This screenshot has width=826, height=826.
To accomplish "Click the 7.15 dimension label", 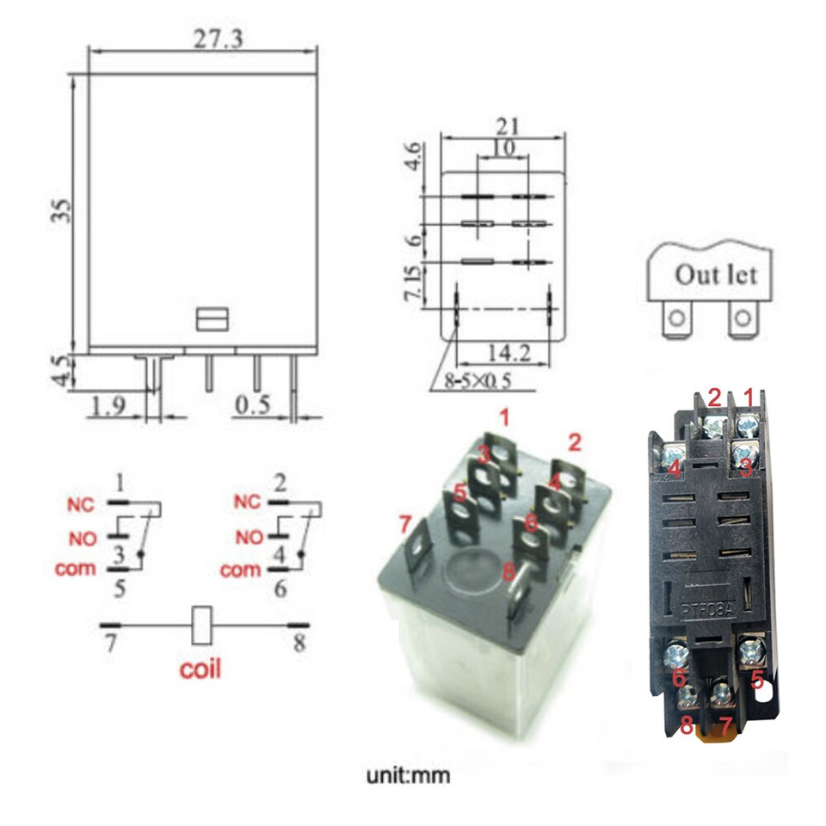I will pos(414,284).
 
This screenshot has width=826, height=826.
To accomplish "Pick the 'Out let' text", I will pos(716,275).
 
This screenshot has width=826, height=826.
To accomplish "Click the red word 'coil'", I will pos(200,669).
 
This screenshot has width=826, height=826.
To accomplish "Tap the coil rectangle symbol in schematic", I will pos(200,626).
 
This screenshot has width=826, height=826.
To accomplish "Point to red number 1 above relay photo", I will pos(505,419).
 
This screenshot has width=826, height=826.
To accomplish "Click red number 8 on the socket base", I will pos(686,726).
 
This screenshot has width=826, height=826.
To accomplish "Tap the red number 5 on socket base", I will pos(757,678).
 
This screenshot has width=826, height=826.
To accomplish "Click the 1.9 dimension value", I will pos(108,404).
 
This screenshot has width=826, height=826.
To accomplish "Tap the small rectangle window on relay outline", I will pos(212,320).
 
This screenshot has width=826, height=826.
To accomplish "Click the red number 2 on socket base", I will pos(713,398).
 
